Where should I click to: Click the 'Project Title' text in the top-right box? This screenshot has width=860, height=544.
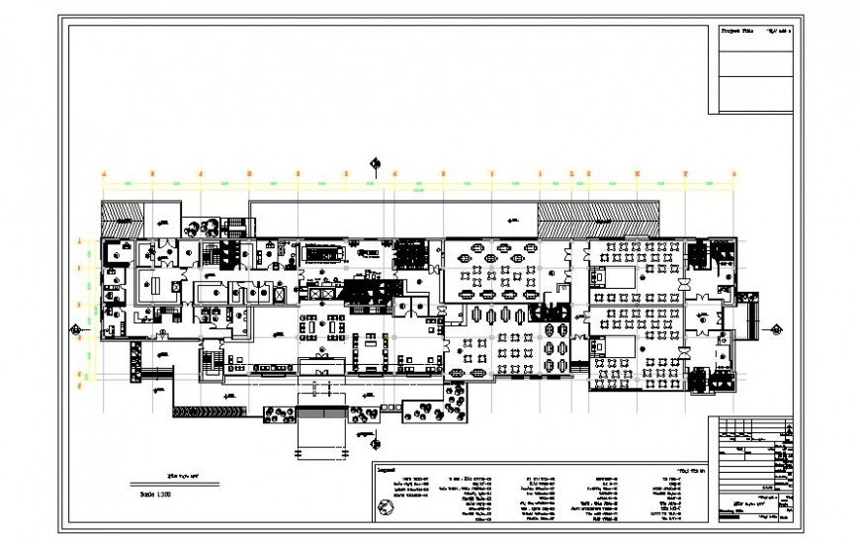[735, 33]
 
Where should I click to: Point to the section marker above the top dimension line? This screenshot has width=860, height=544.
[375, 164]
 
